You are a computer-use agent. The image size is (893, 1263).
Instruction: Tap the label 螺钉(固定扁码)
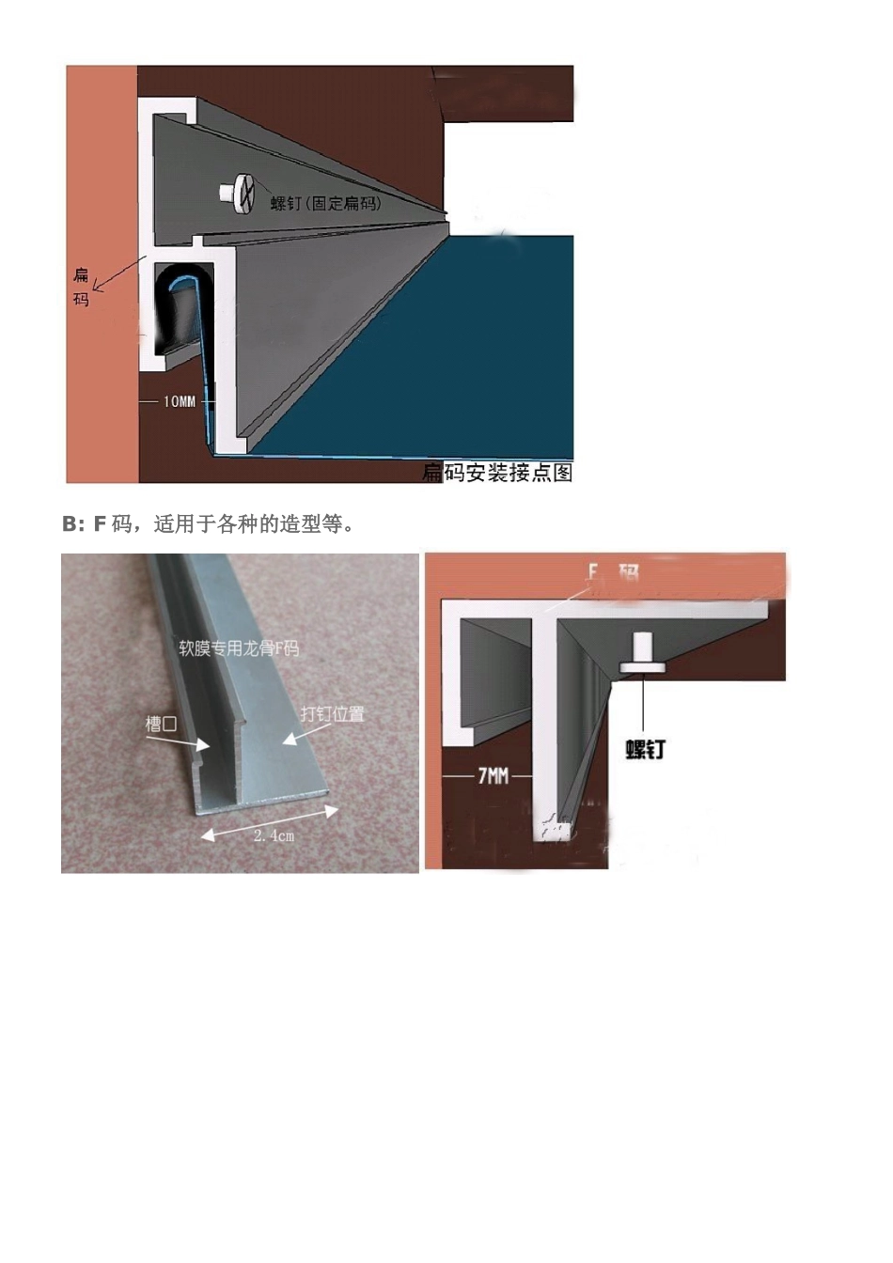pyautogui.click(x=326, y=202)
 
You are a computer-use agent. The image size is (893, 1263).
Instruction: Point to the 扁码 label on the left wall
pyautogui.click(x=82, y=287)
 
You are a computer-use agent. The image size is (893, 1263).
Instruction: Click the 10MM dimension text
pyautogui.click(x=180, y=401)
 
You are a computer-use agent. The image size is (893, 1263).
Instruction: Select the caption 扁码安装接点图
pyautogui.click(x=497, y=472)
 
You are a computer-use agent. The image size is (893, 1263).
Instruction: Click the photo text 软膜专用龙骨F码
pyautogui.click(x=239, y=647)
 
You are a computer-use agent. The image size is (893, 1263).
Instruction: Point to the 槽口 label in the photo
pyautogui.click(x=161, y=724)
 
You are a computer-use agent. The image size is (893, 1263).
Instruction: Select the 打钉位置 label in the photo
pyautogui.click(x=332, y=713)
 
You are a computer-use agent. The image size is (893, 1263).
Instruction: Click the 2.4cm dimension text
pyautogui.click(x=274, y=834)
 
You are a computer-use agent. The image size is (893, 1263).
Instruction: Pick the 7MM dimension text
pyautogui.click(x=493, y=775)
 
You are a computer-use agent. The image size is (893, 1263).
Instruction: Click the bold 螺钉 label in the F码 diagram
pyautogui.click(x=646, y=749)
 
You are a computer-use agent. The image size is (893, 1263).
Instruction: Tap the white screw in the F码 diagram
pyautogui.click(x=643, y=653)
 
